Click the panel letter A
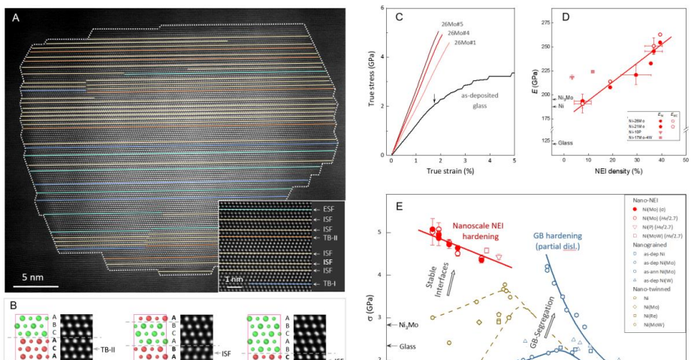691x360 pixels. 16,18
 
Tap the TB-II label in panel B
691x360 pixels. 110,349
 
